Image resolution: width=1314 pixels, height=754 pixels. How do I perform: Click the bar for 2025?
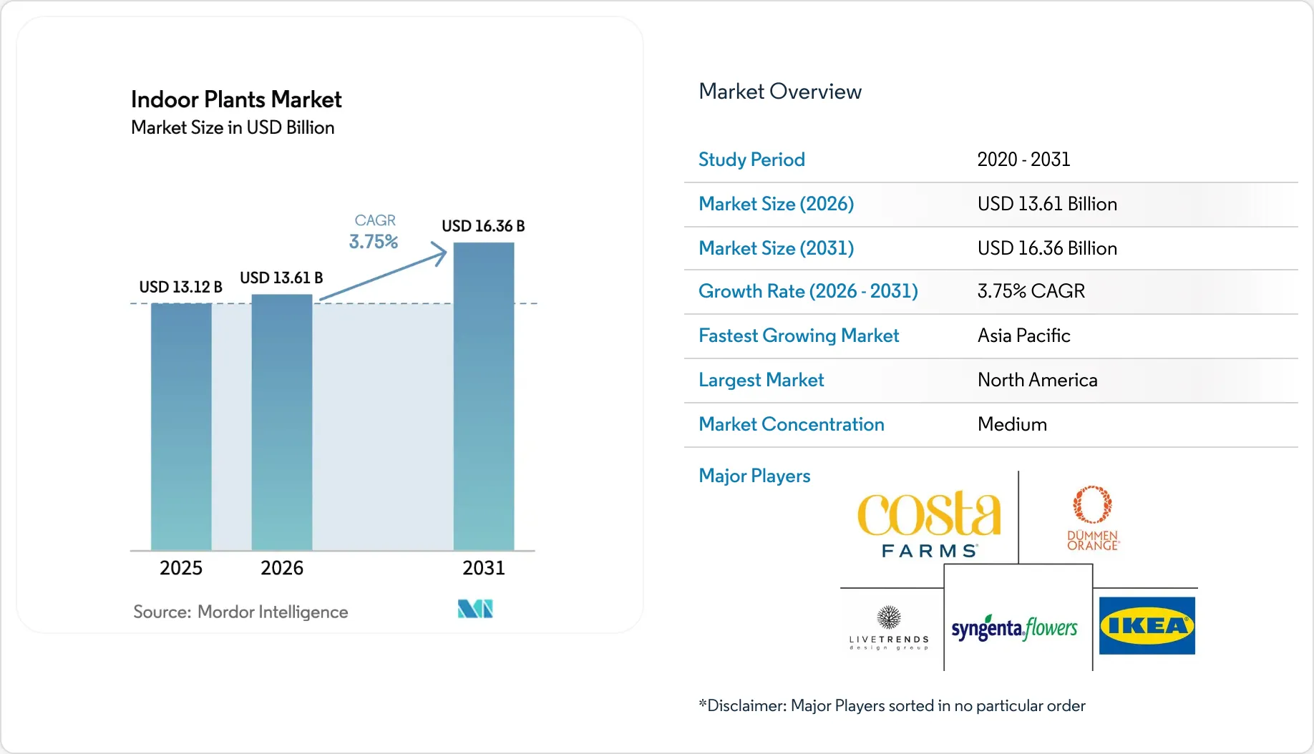click(181, 427)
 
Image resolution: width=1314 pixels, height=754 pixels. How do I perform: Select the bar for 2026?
click(282, 423)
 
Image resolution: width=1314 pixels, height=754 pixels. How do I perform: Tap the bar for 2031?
click(484, 397)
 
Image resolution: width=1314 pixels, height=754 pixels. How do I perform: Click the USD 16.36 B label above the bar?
click(483, 226)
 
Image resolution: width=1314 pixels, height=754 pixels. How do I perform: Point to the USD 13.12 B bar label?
click(180, 287)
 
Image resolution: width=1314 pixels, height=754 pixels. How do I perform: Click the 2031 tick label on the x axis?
click(484, 568)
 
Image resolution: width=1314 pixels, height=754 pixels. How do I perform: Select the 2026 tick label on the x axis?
click(282, 568)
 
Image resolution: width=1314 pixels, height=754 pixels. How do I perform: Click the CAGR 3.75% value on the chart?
click(374, 242)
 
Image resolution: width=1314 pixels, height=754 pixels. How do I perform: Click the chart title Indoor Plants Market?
click(236, 99)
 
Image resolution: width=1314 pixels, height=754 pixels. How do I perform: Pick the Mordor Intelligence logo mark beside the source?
click(475, 609)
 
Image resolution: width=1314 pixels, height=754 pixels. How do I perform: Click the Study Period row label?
click(751, 160)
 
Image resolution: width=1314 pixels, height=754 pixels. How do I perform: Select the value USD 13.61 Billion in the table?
click(1047, 204)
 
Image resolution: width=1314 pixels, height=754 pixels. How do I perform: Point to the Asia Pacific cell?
click(1024, 336)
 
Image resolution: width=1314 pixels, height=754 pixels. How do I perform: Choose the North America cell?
click(1038, 380)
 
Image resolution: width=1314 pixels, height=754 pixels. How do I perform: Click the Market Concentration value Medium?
click(1012, 424)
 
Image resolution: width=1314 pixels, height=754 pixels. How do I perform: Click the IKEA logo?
click(1147, 626)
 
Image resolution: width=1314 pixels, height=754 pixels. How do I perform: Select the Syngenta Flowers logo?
click(1014, 628)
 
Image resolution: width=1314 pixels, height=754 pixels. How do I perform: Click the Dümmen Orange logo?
click(1093, 518)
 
